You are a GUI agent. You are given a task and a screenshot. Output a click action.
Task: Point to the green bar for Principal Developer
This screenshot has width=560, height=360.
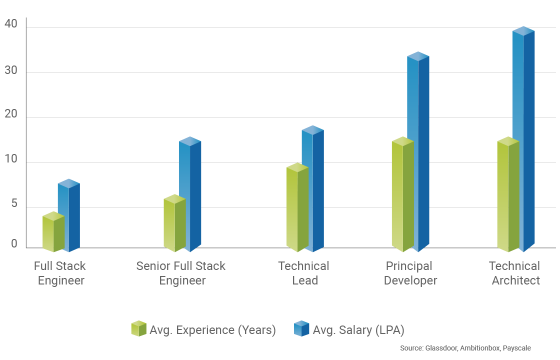[402, 195]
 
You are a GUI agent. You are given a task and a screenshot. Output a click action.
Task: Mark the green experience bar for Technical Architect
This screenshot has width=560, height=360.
[508, 195]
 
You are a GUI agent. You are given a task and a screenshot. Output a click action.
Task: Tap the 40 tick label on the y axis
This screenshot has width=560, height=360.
[10, 24]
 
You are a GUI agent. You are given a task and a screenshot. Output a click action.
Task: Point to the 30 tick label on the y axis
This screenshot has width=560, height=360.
[10, 70]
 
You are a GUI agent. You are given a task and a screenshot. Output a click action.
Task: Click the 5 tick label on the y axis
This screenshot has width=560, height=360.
[14, 204]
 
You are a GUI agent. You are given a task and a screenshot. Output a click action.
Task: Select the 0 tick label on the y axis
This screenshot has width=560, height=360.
[14, 244]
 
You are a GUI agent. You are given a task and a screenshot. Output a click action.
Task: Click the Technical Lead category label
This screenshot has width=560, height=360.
[304, 273]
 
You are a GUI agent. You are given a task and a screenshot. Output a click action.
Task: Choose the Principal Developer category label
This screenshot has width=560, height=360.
[410, 273]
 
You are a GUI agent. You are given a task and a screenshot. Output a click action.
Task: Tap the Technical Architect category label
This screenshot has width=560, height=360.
[515, 273]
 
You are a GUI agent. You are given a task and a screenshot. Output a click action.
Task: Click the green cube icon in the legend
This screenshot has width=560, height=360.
[138, 328]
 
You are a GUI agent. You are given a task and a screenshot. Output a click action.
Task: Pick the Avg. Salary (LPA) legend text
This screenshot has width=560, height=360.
[358, 330]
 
